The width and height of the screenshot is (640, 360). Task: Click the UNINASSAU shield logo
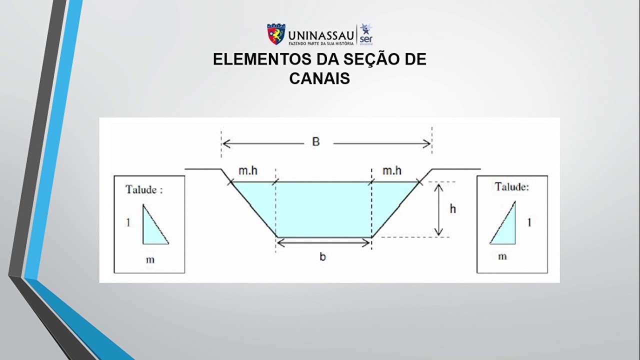point(276,34)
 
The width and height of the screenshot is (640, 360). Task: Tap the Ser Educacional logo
point(366,34)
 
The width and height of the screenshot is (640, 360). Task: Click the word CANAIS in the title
point(319,78)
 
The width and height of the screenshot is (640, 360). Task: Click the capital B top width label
point(316,142)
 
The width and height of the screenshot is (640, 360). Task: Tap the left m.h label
point(248,171)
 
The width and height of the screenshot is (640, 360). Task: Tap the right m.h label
point(392,171)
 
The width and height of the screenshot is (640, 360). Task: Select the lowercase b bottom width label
point(322,257)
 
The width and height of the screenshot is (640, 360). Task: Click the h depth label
point(452,209)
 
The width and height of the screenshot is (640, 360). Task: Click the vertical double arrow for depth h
point(438,209)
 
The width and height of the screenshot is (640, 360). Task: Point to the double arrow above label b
point(323,243)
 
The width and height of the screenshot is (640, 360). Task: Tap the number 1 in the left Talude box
point(128,222)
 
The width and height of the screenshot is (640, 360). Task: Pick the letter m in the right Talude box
point(502,256)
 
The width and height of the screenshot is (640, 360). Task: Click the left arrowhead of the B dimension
point(225,144)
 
